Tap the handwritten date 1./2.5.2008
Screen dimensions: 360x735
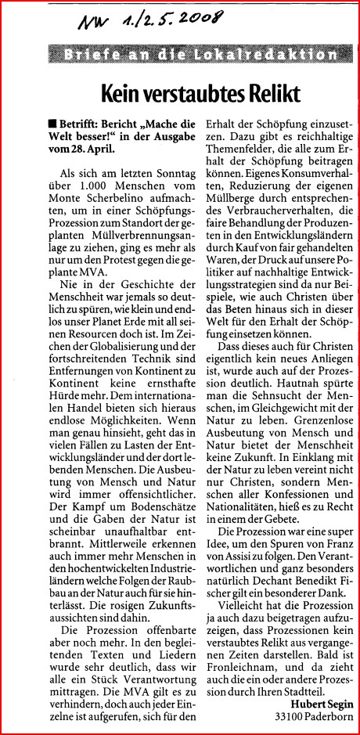click(172, 21)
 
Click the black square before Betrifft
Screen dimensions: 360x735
click(50, 124)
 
